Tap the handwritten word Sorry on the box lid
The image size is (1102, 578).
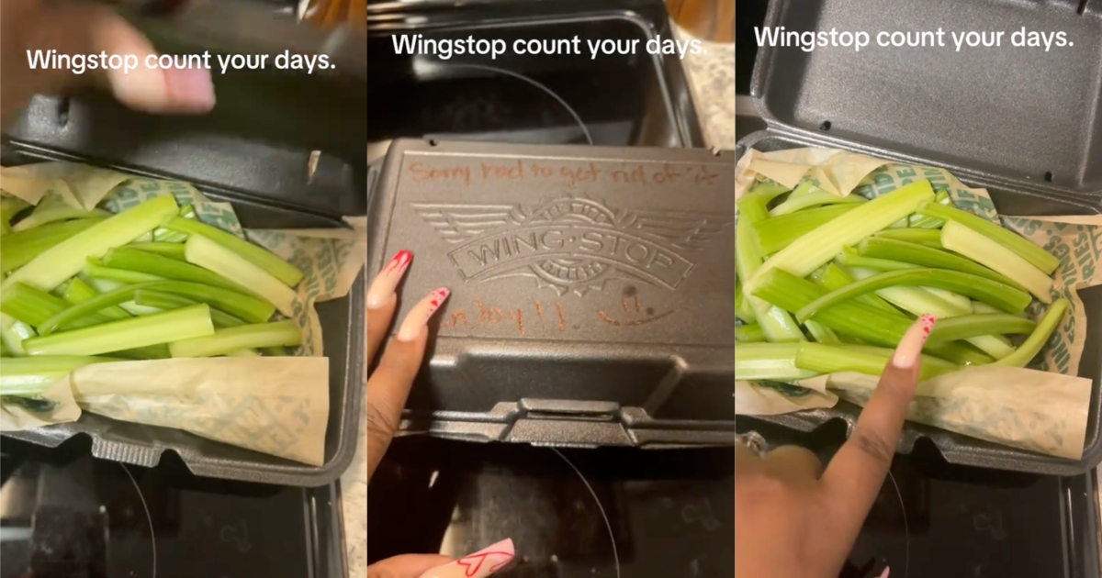(x=438, y=172)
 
